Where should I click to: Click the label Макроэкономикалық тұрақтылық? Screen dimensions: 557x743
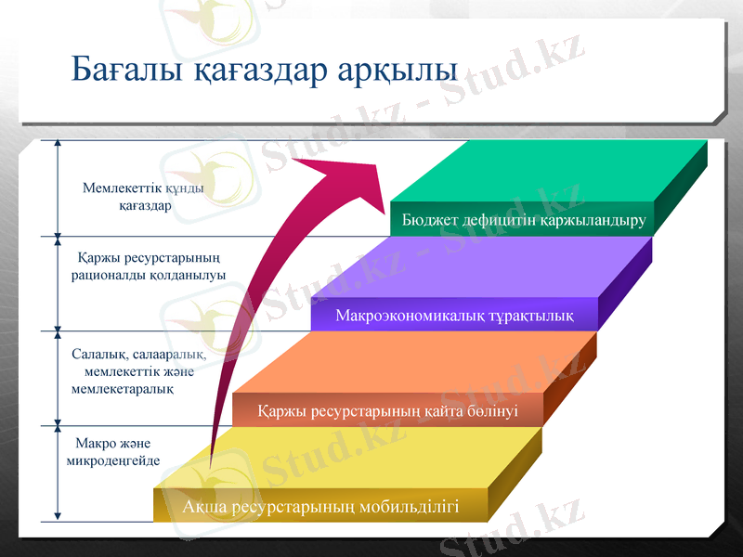(453, 316)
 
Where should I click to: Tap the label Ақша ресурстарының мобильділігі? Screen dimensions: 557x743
(320, 507)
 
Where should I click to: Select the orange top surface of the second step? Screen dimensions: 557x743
(427, 362)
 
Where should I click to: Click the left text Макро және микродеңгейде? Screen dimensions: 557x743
(112, 451)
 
